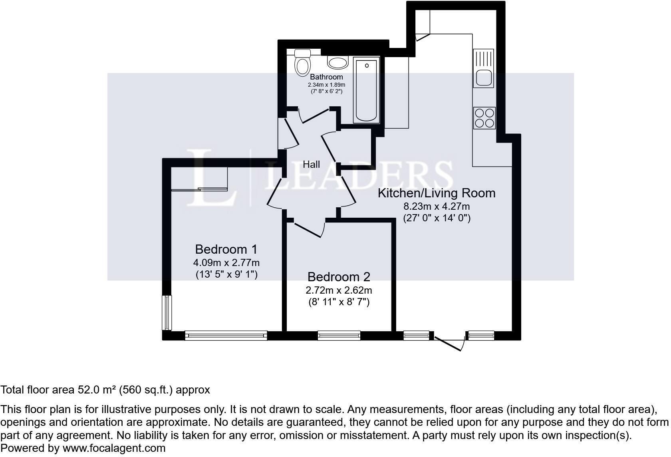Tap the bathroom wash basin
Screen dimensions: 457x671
pos(338,62)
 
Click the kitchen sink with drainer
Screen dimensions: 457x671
pos(483,68)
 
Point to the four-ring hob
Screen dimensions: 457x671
pos(484,118)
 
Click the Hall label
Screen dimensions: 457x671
pos(311,164)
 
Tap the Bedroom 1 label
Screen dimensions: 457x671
pos(226,249)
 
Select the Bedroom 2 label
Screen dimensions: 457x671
pos(339,276)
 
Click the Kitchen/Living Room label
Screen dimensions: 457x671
pos(437,193)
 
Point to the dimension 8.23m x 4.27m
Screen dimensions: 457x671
pos(437,207)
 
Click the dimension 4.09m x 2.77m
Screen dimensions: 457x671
pos(226,263)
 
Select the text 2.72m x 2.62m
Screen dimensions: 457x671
pos(339,290)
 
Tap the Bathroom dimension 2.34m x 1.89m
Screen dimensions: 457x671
pos(326,85)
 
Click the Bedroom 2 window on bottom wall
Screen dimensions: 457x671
pos(339,336)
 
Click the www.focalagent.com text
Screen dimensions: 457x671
pos(114,448)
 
